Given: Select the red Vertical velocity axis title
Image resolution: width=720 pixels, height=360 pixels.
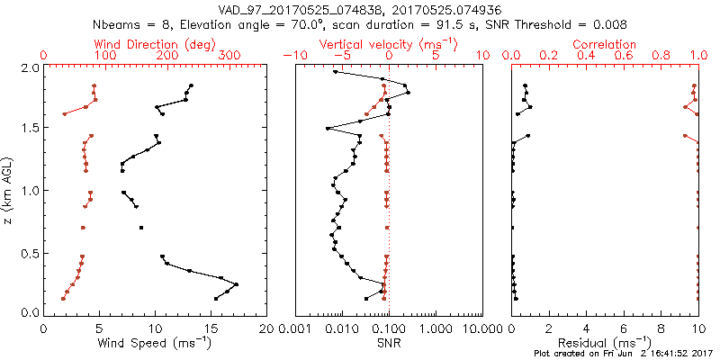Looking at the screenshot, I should (x=388, y=44).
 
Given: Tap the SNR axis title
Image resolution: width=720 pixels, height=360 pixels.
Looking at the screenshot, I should (x=389, y=344).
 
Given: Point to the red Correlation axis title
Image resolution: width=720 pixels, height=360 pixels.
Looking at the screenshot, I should (x=606, y=44).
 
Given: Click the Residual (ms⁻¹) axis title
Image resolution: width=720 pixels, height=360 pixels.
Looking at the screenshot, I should (x=606, y=344).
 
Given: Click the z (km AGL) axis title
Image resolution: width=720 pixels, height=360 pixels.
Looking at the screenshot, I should (x=8, y=190).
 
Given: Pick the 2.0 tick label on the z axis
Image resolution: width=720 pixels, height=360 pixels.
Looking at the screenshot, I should (x=31, y=67).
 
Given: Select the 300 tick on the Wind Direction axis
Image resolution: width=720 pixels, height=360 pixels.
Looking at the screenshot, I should (x=229, y=56).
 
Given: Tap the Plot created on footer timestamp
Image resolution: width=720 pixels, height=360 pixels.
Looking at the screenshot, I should (x=622, y=354).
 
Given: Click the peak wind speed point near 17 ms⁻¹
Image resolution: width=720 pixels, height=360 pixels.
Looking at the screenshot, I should (x=237, y=284).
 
